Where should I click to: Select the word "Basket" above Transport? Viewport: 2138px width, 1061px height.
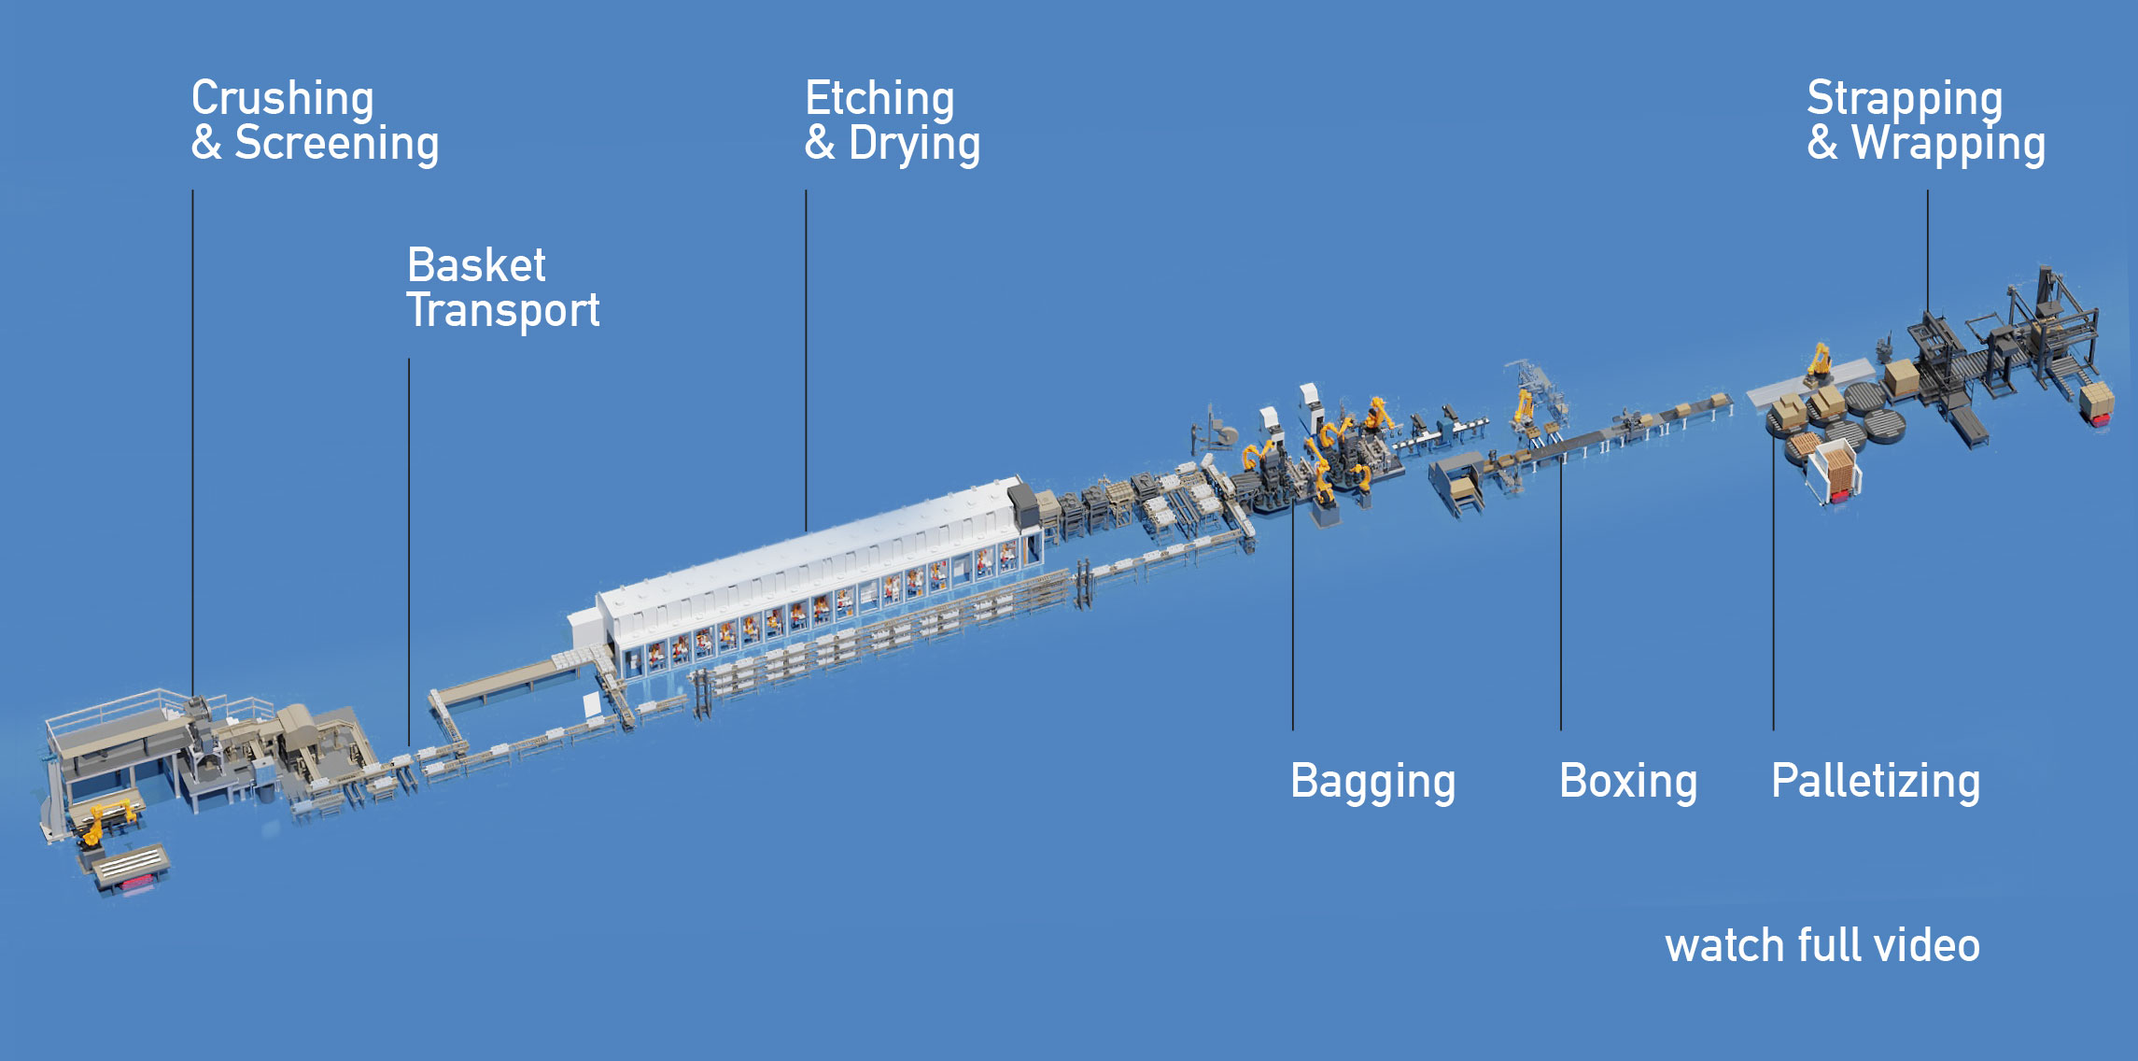476,265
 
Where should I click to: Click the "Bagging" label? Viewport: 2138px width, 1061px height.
1372,783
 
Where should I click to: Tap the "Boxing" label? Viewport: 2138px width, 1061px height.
1628,782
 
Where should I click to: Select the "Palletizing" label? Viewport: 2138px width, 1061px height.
1876,782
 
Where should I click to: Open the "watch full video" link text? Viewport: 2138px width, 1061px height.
1822,945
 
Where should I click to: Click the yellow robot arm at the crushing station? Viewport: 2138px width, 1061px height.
105,820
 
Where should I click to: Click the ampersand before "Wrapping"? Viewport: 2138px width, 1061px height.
1822,144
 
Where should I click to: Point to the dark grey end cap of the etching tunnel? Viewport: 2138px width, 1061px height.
1024,504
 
